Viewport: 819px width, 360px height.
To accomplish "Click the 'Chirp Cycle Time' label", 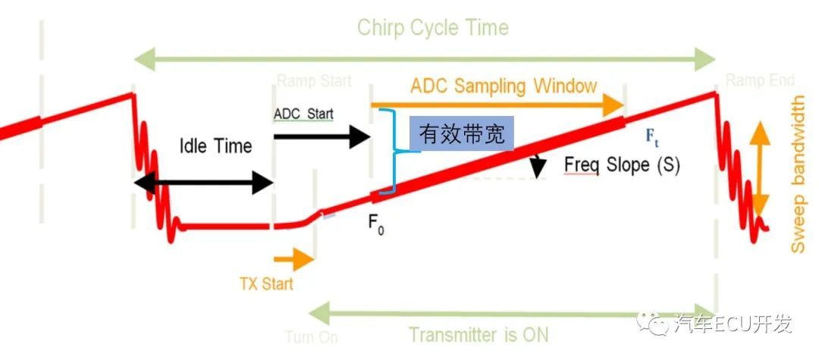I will click(432, 28).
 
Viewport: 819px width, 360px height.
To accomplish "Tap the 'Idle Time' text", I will click(216, 145).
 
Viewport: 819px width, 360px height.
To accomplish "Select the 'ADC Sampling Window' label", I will click(504, 86).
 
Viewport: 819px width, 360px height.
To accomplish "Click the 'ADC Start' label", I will click(303, 113).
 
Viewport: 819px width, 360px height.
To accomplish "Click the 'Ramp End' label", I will click(760, 80).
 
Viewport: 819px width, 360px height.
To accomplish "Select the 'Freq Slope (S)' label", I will click(622, 164).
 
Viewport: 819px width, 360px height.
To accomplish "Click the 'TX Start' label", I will click(266, 284).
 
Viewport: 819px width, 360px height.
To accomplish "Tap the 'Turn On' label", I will click(311, 337).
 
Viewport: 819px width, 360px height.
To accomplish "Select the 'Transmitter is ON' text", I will click(478, 334).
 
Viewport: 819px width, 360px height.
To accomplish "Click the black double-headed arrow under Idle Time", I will click(202, 182).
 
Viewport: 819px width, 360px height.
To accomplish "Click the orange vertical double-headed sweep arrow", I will click(760, 170).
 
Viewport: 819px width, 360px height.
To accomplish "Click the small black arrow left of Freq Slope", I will click(538, 166).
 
